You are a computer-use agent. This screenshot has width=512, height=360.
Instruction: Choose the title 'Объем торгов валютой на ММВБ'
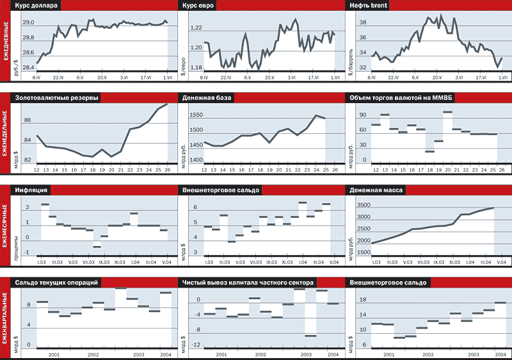401,99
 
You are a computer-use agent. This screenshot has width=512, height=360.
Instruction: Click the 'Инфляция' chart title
31,190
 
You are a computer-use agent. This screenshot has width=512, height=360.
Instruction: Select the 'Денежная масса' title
377,190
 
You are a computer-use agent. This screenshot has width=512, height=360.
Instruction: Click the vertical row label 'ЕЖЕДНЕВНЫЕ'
6,42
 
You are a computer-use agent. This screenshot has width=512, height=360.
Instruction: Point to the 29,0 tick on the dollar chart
28,23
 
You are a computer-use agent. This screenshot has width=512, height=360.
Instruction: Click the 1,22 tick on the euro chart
196,28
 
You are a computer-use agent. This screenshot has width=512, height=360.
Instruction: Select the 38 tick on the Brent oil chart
362,22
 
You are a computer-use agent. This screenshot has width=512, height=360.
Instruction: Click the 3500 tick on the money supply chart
362,206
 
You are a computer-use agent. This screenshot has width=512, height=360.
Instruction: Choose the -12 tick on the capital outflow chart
198,346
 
